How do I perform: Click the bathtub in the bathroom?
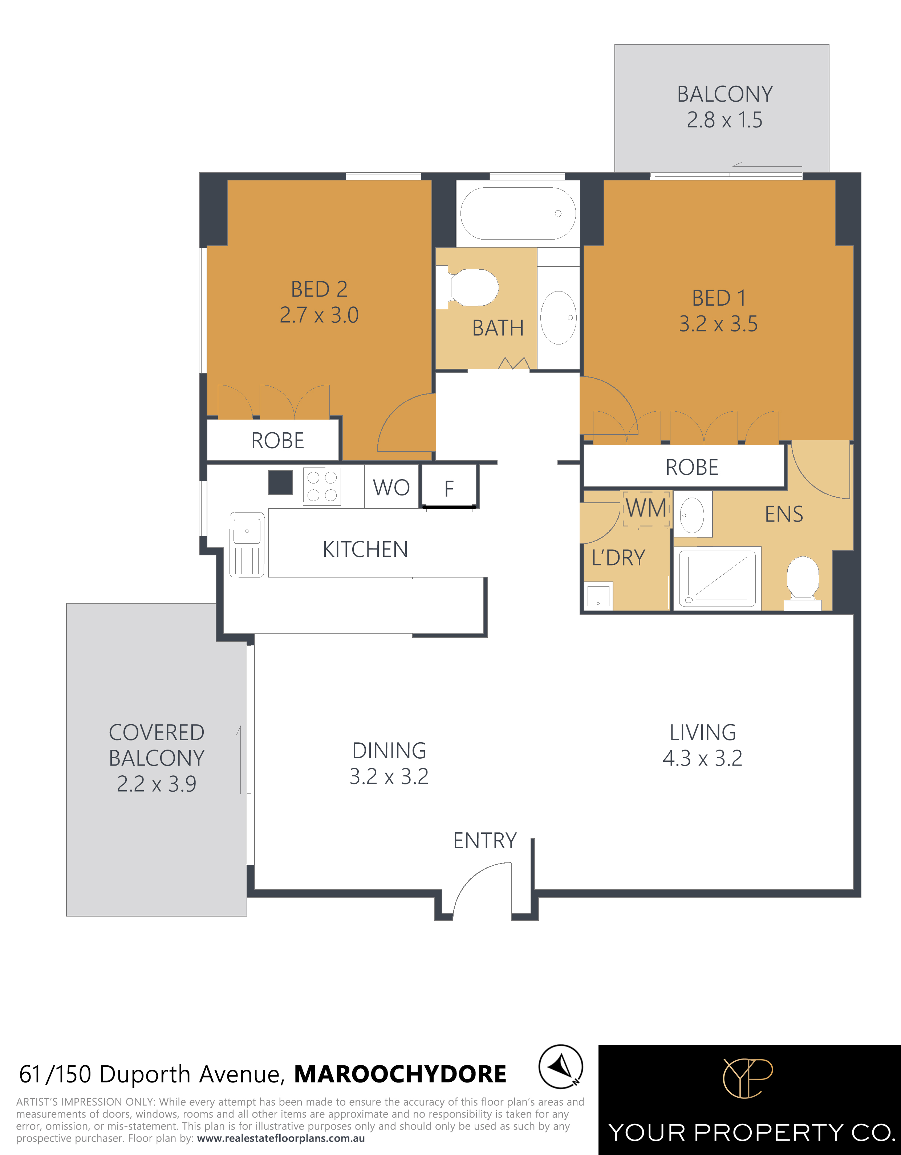(x=518, y=214)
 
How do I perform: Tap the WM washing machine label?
(x=646, y=508)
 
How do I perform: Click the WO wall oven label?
(x=391, y=487)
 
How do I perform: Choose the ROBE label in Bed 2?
(x=277, y=441)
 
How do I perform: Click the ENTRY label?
(x=484, y=840)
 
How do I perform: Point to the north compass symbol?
(x=561, y=1067)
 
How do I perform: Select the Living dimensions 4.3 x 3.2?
(x=702, y=758)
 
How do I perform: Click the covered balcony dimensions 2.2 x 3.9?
(x=156, y=784)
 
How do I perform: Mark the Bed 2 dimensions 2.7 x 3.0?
(x=319, y=315)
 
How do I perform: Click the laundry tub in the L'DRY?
(x=598, y=596)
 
